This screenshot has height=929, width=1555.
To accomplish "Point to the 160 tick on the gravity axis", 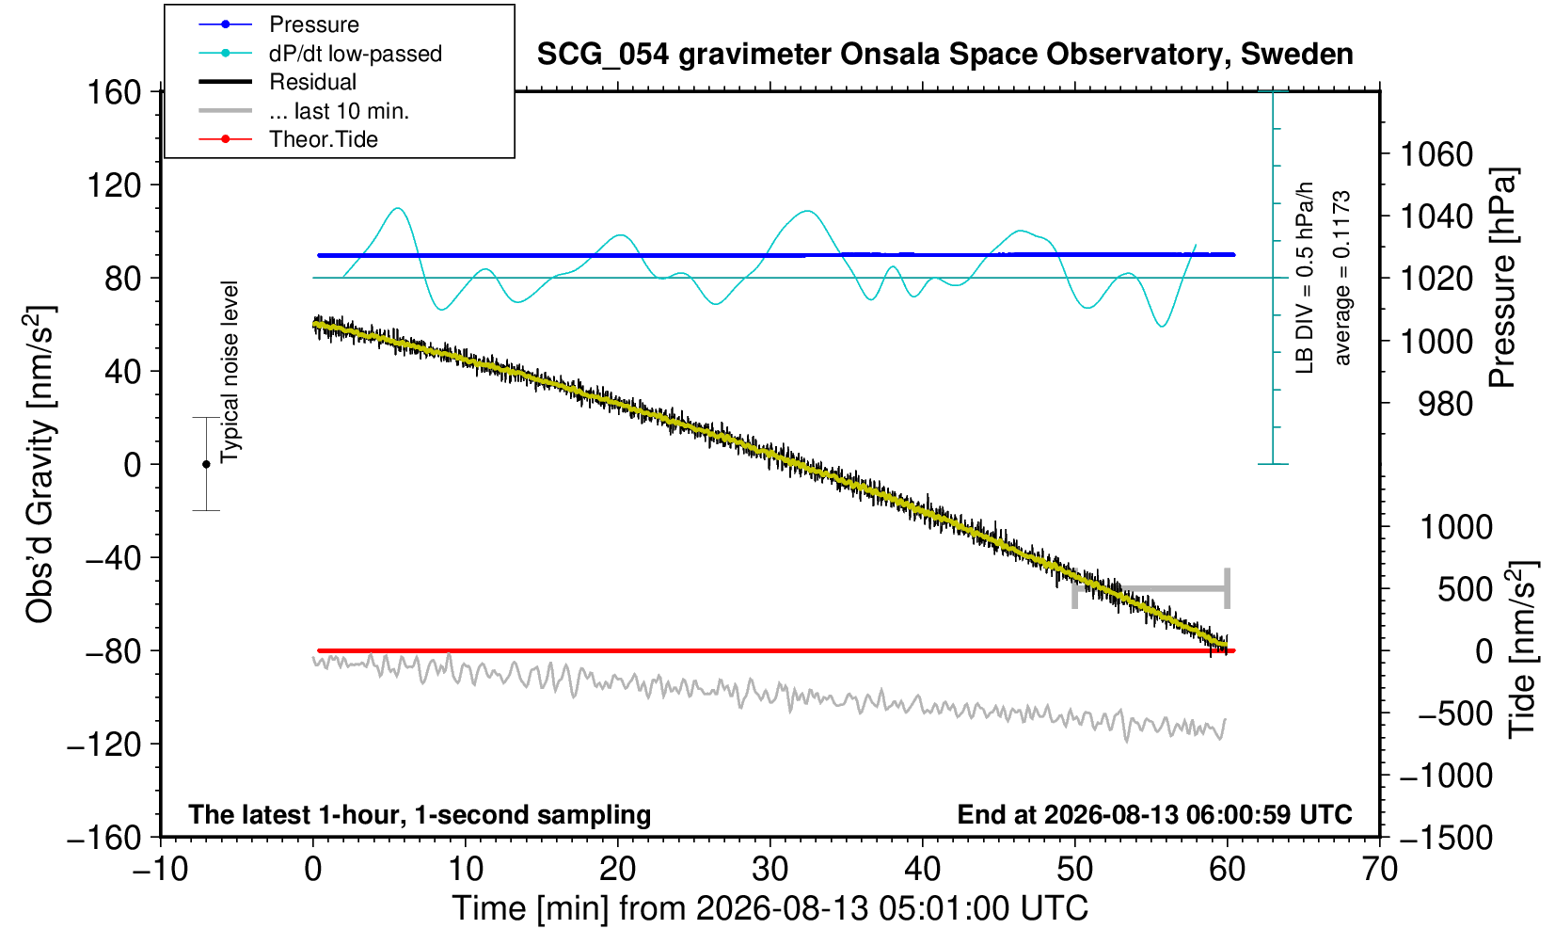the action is point(114,92).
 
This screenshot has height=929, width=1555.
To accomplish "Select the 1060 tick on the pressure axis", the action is point(1436,153).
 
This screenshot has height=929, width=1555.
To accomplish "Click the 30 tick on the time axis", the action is point(770,869).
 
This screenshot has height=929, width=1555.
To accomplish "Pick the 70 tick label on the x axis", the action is point(1379,869).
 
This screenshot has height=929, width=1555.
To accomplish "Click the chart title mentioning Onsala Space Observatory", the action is point(944,55).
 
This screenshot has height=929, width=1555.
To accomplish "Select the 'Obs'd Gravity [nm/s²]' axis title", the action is point(40,464).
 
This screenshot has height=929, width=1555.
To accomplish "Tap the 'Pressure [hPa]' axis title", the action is point(1503,278).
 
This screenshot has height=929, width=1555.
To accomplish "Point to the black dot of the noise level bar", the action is point(206,464).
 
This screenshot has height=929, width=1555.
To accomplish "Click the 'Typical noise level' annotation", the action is point(230,372).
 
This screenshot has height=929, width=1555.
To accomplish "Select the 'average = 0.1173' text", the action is point(1341,278).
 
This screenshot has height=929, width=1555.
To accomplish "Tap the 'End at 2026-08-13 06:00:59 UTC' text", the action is point(1154,814).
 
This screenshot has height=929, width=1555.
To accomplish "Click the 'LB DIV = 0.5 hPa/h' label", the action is point(1305,278).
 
